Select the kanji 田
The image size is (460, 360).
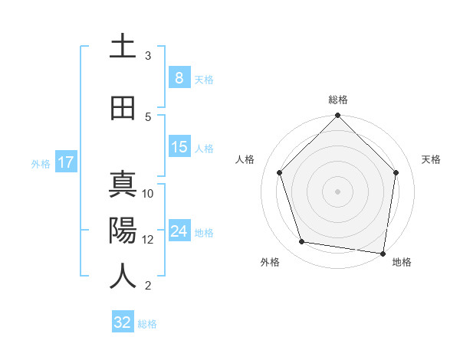coord(123,109)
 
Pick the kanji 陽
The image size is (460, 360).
coord(123,230)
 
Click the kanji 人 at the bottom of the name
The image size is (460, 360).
coord(123,277)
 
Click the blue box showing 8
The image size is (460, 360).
coord(179,78)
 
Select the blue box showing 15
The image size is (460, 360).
coord(179,147)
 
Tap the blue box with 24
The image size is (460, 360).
coord(179,231)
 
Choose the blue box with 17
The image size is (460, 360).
coord(65,162)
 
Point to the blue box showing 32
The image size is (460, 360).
coord(123,322)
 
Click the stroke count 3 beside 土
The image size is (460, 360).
coord(148,55)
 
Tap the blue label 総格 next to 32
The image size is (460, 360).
coord(147,324)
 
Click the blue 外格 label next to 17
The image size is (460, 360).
coord(41,163)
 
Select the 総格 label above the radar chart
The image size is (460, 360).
coord(337,100)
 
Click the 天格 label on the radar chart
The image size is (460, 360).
coord(431,159)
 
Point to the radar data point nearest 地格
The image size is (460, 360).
coord(383,253)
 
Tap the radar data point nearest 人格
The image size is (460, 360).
coord(280,172)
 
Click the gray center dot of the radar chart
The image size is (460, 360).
coord(337,191)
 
